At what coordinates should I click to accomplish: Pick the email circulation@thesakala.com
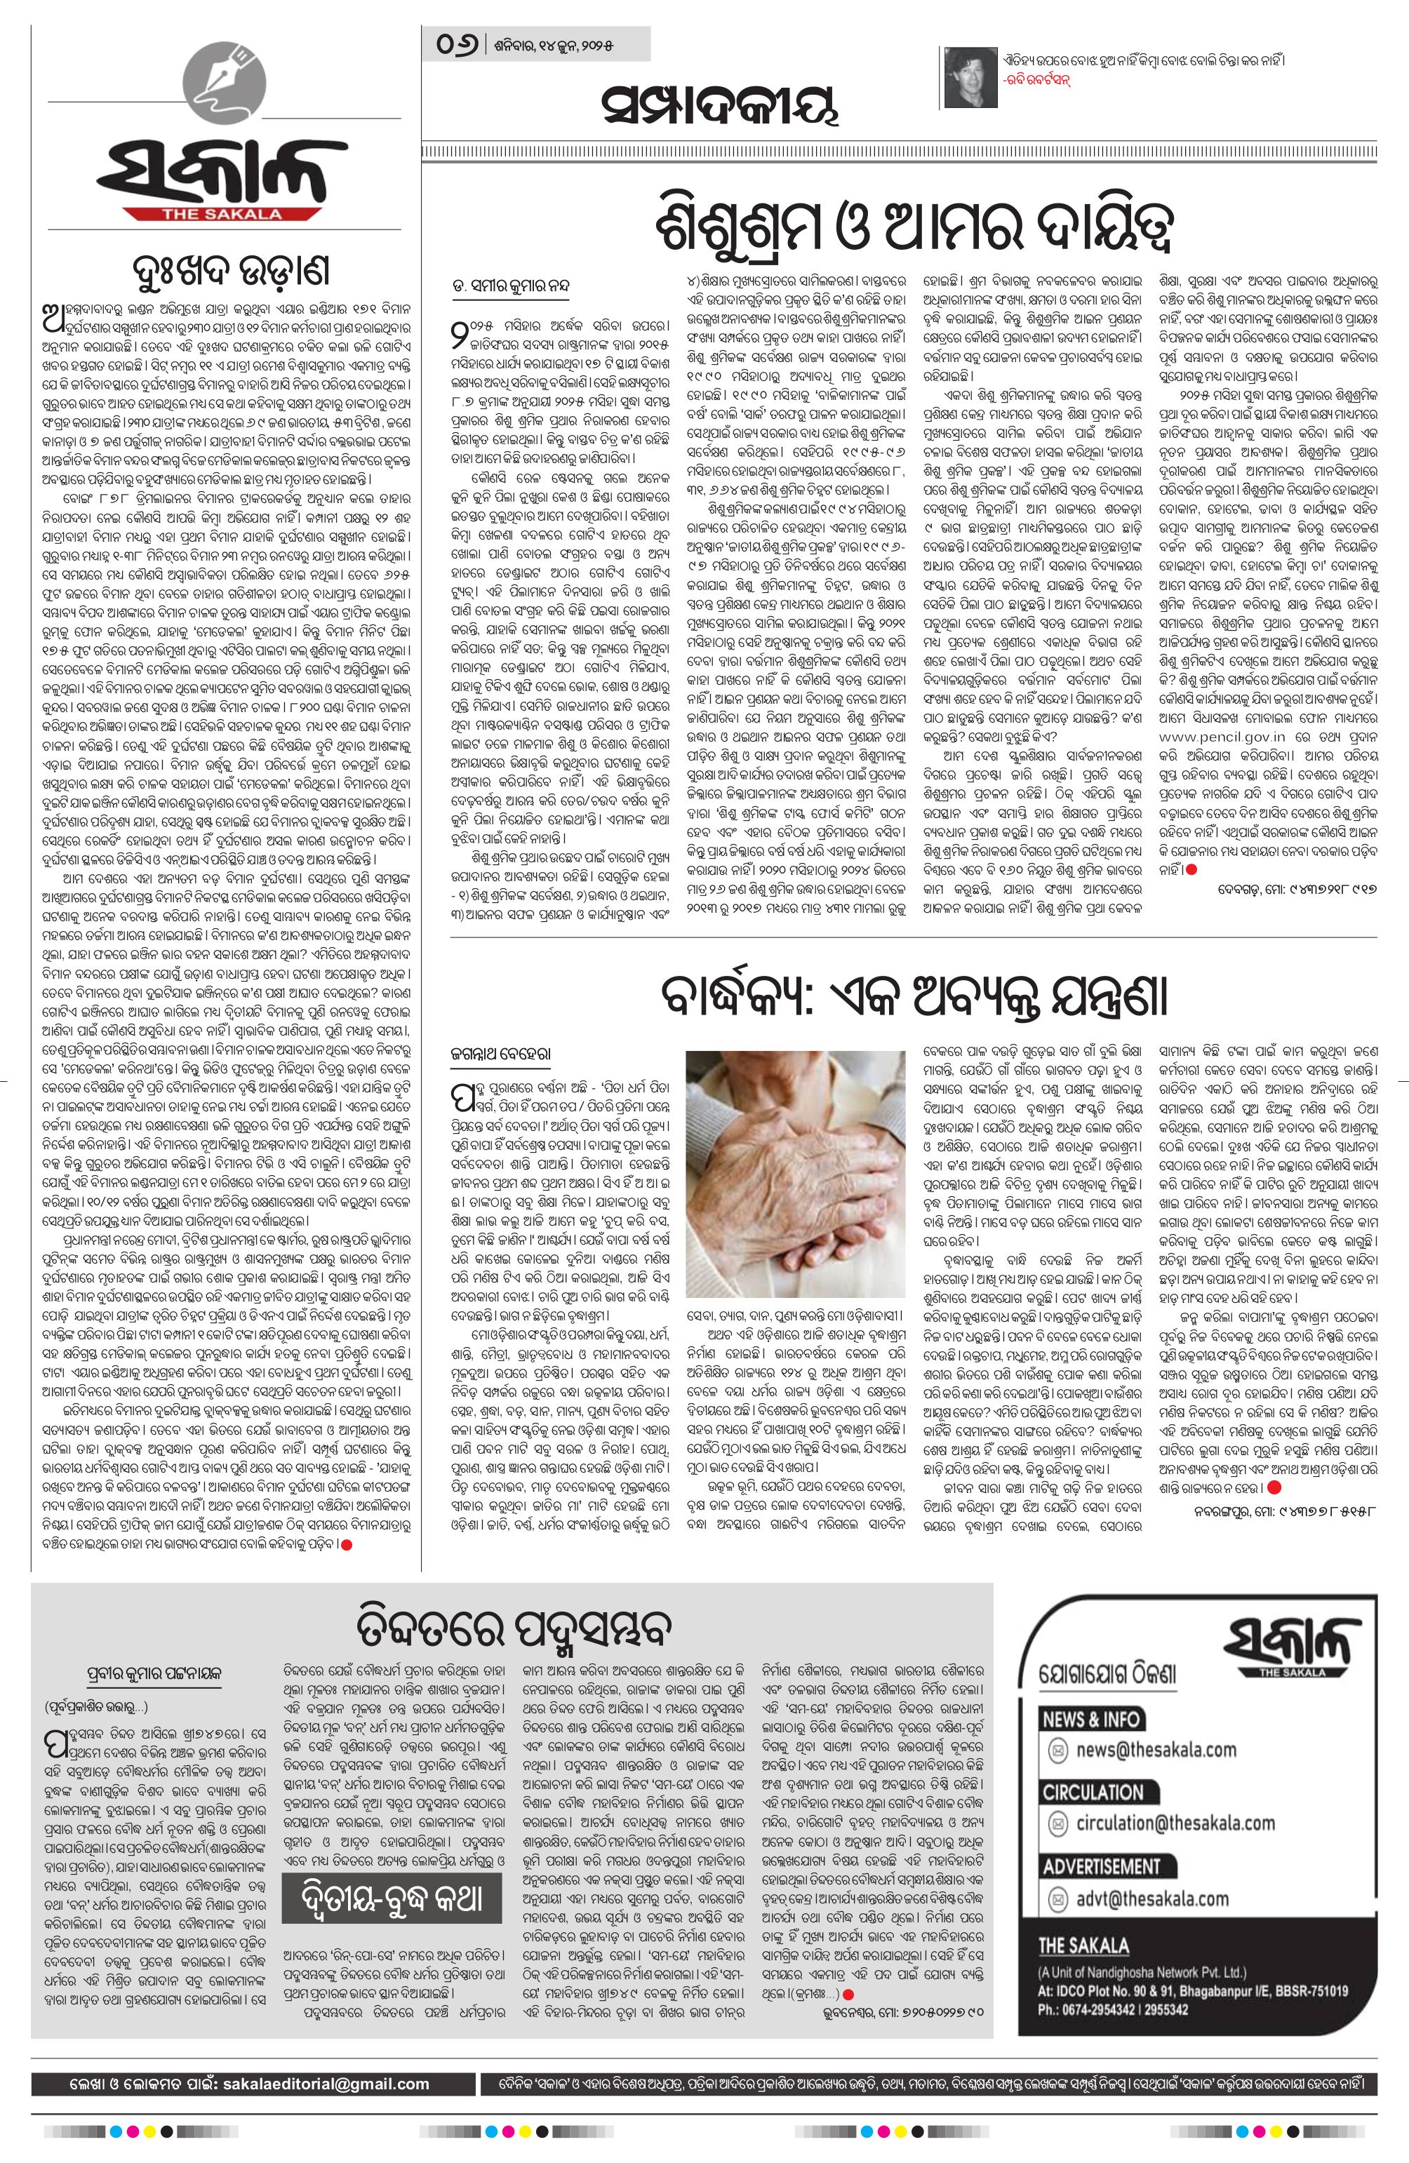(x=1175, y=1848)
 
